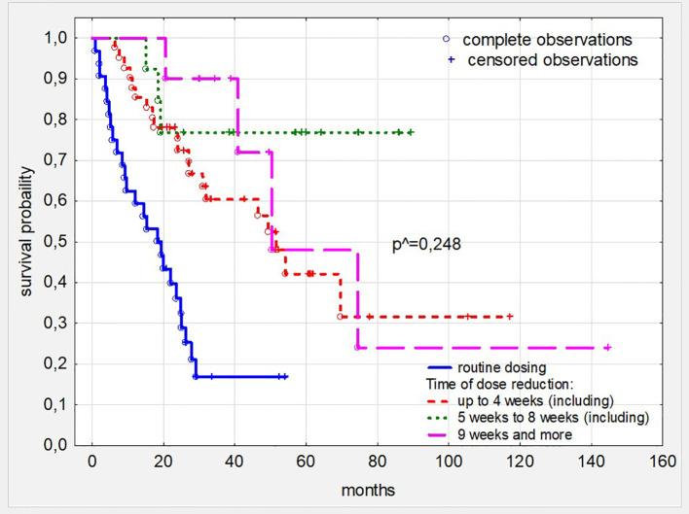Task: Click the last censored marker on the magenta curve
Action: (x=607, y=348)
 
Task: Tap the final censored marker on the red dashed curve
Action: (x=509, y=317)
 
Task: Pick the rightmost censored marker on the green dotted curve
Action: (x=411, y=132)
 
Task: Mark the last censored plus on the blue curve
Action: (x=285, y=376)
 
